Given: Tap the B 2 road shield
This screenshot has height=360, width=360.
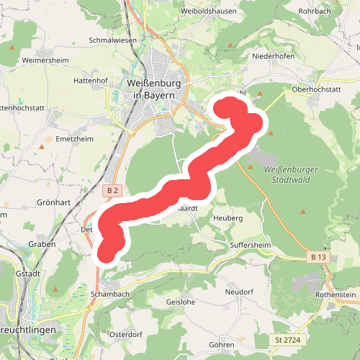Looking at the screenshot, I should [x=110, y=190].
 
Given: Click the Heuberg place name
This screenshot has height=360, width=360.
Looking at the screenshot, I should [x=228, y=217].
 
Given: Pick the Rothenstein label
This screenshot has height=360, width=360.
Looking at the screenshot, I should [x=335, y=295].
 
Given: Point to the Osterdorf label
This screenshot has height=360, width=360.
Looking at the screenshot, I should [x=127, y=334].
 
